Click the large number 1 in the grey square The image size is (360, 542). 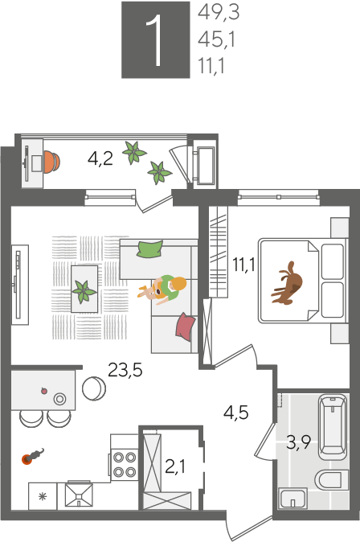tap(156, 40)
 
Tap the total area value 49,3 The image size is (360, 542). tap(219, 13)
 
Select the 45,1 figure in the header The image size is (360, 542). tap(217, 39)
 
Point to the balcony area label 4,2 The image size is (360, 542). tap(100, 158)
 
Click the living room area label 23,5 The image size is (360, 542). tap(125, 370)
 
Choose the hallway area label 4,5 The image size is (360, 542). tap(236, 412)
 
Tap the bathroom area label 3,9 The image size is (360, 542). tap(298, 442)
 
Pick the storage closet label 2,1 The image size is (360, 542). tap(175, 466)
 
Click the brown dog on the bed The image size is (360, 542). tap(288, 283)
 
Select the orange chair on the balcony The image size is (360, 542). tap(51, 162)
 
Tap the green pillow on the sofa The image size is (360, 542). tap(150, 248)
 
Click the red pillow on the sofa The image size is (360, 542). tap(186, 326)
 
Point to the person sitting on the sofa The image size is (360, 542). tap(164, 289)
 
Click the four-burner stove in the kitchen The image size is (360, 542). tap(125, 464)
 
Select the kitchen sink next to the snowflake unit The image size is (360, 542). tap(79, 495)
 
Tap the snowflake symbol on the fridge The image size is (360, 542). tap(43, 497)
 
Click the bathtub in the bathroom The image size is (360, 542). tap(333, 427)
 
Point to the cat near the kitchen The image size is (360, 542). tap(33, 456)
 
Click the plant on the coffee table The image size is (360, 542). tap(84, 291)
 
